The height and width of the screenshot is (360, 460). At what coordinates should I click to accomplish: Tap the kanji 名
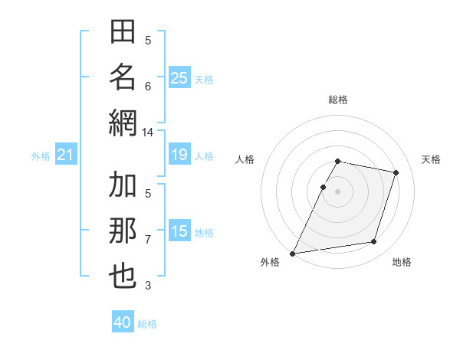click(x=123, y=77)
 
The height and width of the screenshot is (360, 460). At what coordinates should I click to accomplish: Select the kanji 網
click(x=123, y=122)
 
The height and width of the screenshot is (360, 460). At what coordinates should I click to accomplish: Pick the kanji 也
click(x=123, y=276)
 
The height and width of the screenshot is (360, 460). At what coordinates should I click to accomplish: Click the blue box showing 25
click(x=179, y=78)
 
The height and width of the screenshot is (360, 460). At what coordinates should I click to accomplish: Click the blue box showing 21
click(x=65, y=155)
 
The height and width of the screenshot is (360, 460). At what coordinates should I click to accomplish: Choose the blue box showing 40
click(x=123, y=322)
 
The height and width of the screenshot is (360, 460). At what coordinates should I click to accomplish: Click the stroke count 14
click(x=148, y=133)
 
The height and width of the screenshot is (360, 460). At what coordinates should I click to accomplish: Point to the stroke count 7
click(x=148, y=240)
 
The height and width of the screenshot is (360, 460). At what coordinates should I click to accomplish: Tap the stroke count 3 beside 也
click(x=148, y=286)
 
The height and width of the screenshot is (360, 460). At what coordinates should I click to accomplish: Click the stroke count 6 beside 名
click(x=148, y=86)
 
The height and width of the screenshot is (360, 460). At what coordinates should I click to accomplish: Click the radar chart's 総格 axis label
click(x=338, y=100)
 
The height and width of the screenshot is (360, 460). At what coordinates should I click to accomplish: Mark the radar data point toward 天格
click(x=396, y=172)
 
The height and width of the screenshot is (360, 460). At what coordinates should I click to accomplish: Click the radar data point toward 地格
click(x=374, y=242)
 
